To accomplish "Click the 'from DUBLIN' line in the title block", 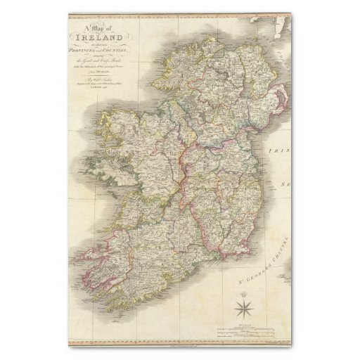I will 101,72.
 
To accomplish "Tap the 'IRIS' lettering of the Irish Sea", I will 282,152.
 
